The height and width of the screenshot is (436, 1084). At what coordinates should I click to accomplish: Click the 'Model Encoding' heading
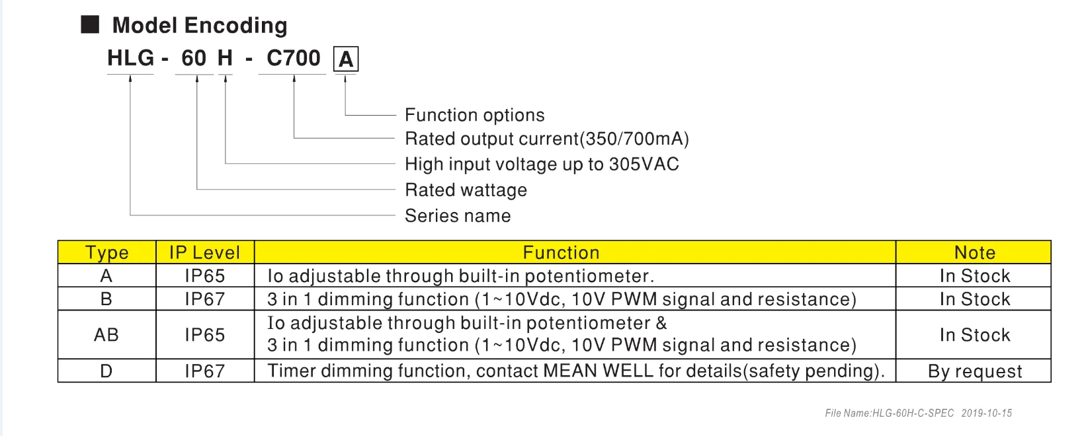coord(199,26)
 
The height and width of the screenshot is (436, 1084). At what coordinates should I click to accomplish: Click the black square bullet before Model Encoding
coord(90,25)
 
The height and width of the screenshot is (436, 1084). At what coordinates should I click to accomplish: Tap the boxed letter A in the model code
coord(345,60)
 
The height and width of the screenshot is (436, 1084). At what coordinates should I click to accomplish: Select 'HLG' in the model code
coord(130,59)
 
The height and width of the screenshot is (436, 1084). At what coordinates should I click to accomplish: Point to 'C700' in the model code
coord(293,59)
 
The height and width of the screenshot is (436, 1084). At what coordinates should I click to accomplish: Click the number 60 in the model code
coord(194,59)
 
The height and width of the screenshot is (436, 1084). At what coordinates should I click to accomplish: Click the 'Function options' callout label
coord(474,115)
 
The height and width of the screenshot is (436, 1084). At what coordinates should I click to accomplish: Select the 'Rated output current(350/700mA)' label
coord(546,139)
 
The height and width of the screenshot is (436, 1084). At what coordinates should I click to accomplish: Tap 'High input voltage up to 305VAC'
coord(542,164)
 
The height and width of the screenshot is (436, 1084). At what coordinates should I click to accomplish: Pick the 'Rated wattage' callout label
coord(466,190)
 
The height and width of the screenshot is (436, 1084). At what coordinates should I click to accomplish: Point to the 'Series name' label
coord(458,216)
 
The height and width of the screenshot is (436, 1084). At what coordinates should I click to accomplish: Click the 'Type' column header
coord(106,253)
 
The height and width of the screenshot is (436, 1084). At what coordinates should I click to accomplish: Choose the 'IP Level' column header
coord(204,253)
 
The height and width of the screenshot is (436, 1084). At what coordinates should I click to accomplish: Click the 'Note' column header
coord(974,253)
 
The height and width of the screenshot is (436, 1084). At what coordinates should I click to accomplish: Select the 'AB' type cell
coord(106,335)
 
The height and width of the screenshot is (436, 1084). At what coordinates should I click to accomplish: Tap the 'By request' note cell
coord(974,371)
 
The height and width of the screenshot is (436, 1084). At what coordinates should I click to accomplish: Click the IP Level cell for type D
coord(204,371)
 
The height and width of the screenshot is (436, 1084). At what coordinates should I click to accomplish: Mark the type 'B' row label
coord(106,299)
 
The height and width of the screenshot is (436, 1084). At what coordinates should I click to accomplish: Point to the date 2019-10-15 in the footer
coord(986,414)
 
